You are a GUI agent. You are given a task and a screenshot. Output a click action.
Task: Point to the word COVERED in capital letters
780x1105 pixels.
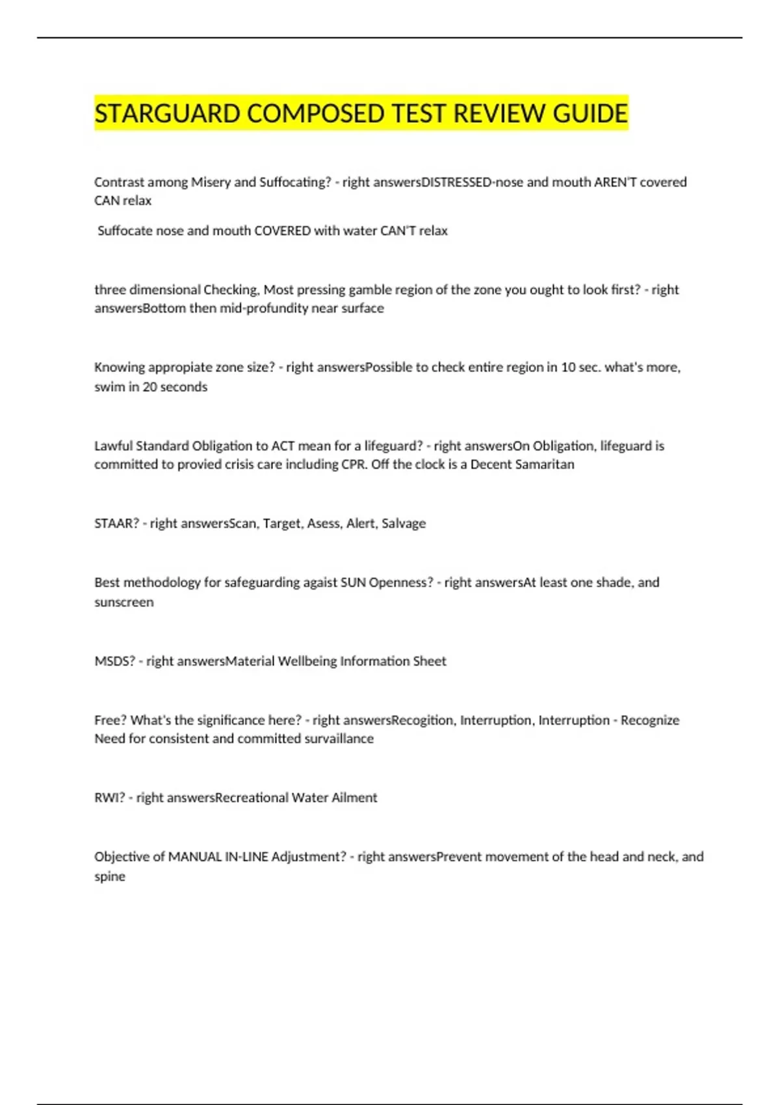pos(282,231)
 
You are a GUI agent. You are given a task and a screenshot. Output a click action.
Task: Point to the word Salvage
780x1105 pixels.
pos(404,524)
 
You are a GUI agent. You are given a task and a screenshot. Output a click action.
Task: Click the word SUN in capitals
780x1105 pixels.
pos(353,582)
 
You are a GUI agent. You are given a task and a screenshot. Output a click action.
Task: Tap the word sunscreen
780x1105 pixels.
pos(124,602)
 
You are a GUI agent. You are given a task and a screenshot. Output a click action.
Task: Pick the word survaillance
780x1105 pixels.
pos(339,739)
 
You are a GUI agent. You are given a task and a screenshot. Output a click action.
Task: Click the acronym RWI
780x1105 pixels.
pos(109,798)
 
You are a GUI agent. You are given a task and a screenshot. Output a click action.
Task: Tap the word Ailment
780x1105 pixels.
pos(354,798)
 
